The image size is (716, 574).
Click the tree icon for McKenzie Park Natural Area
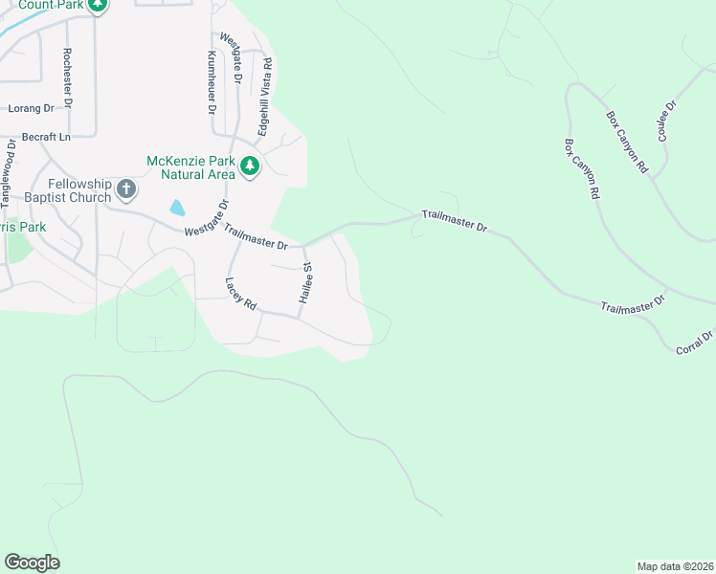(x=250, y=166)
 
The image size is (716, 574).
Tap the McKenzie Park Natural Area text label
(x=190, y=167)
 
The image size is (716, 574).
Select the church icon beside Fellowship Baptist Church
(x=126, y=191)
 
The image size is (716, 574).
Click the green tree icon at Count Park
(x=97, y=5)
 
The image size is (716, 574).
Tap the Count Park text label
(x=46, y=5)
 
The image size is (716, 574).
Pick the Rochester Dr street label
(x=67, y=78)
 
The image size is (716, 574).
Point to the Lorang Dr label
(x=32, y=109)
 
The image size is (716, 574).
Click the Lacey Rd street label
(x=241, y=294)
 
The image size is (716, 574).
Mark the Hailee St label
(x=306, y=283)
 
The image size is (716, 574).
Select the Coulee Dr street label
(x=667, y=121)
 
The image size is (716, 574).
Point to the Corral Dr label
(x=695, y=342)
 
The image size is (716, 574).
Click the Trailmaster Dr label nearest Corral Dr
(x=633, y=305)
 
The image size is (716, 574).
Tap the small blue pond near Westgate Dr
(x=177, y=207)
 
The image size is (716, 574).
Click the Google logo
(x=32, y=563)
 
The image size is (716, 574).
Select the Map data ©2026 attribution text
(x=674, y=566)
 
